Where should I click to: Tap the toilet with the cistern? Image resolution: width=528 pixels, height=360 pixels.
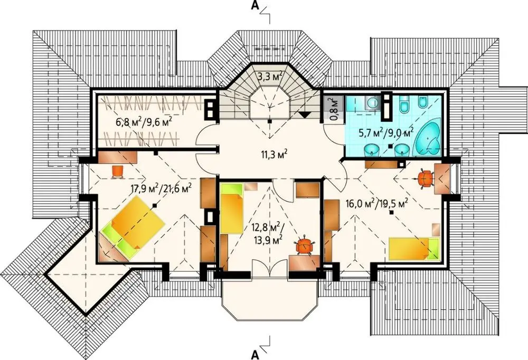tap(403, 104)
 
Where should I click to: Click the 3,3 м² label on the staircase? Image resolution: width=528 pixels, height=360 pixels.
tap(270, 76)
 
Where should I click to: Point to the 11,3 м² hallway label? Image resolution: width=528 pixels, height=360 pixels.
tap(274, 155)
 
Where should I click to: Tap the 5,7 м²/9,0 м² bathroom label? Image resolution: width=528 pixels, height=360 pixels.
tap(386, 133)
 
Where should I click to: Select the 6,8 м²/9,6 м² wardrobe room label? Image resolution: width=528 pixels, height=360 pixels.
tap(144, 121)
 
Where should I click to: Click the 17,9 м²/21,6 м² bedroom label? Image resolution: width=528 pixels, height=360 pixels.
tap(161, 187)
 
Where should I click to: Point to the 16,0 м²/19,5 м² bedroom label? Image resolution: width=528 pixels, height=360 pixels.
tap(377, 204)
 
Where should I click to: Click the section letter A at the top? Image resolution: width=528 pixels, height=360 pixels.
tap(254, 6)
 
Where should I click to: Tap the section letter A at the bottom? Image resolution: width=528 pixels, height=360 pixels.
tap(255, 354)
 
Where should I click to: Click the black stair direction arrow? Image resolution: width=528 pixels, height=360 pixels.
tap(305, 115)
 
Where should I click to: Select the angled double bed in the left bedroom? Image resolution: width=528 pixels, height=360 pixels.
tap(132, 228)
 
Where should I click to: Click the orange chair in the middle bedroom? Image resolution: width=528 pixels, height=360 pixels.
tap(305, 245)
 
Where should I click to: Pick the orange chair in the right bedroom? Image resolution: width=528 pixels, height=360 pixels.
tap(426, 178)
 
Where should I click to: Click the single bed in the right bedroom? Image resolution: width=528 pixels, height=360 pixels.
tap(414, 249)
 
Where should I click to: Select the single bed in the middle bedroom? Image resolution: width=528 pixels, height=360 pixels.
tap(232, 209)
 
